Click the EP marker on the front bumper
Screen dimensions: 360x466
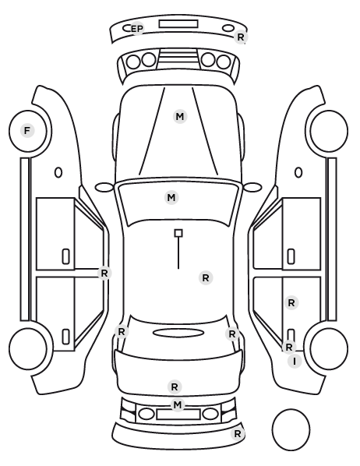click(137, 29)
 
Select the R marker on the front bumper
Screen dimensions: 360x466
click(241, 37)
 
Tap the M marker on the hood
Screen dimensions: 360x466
click(180, 117)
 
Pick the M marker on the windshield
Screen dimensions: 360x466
click(171, 198)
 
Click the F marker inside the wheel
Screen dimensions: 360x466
click(27, 131)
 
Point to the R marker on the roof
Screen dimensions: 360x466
click(206, 278)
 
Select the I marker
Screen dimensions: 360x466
click(295, 362)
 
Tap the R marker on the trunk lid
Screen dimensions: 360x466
click(175, 387)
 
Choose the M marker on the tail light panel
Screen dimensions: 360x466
click(178, 404)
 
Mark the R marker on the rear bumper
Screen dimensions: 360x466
click(238, 434)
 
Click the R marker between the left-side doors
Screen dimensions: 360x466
click(104, 273)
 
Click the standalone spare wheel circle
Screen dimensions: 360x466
click(291, 429)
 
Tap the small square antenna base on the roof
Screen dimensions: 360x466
click(178, 233)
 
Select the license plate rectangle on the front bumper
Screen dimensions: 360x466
click(178, 24)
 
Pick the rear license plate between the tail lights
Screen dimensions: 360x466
click(178, 415)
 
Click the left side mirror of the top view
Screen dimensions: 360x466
click(104, 188)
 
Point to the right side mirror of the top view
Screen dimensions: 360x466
click(252, 188)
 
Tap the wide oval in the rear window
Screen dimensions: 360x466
click(178, 333)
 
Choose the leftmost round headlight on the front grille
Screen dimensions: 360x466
click(133, 62)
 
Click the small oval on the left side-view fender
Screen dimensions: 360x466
click(58, 173)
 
